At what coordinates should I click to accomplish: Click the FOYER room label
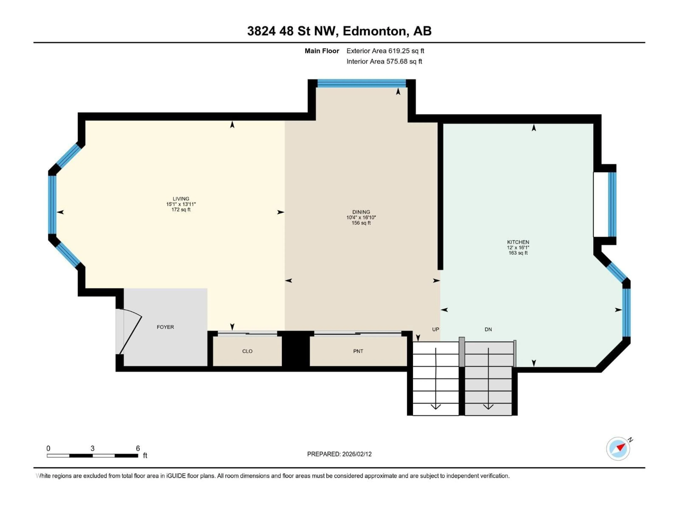pyautogui.click(x=165, y=327)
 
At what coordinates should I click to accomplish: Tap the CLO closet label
pyautogui.click(x=247, y=351)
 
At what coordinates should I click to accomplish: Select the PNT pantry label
pyautogui.click(x=358, y=351)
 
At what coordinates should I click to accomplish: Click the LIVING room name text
pyautogui.click(x=181, y=199)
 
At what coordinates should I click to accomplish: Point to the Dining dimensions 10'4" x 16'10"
pyautogui.click(x=361, y=218)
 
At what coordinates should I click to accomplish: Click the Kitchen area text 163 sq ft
pyautogui.click(x=518, y=253)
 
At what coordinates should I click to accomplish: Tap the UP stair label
pyautogui.click(x=435, y=329)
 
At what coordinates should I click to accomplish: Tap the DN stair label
pyautogui.click(x=488, y=329)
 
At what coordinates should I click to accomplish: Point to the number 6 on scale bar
pyautogui.click(x=138, y=449)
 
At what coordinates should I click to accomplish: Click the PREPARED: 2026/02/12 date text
pyautogui.click(x=339, y=454)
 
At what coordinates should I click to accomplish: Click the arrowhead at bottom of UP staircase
pyautogui.click(x=436, y=407)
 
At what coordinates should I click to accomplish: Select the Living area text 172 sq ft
pyautogui.click(x=181, y=210)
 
